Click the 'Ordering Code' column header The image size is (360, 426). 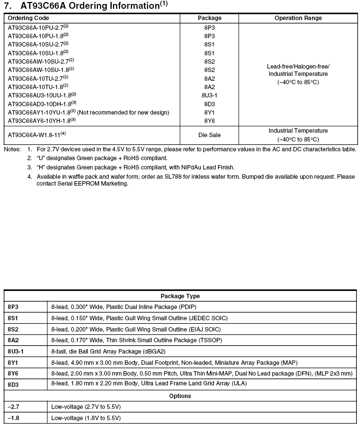[28, 18]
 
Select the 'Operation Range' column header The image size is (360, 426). [298, 18]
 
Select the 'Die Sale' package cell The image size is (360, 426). [209, 135]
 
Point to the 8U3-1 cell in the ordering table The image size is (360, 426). [209, 95]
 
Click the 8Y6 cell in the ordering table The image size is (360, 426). [209, 120]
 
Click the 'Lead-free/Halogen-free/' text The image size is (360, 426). [298, 66]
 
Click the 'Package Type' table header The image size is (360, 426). [180, 296]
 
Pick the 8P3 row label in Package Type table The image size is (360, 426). [13, 307]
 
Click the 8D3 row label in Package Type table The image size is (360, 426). [13, 384]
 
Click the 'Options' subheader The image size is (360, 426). [180, 396]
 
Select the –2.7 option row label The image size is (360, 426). [13, 407]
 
